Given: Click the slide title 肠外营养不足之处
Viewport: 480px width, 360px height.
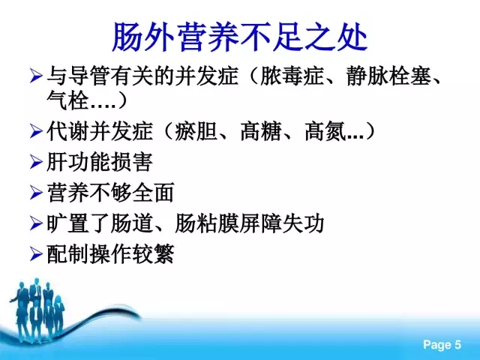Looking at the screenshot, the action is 240,37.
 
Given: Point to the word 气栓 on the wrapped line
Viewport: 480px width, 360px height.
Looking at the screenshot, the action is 67,100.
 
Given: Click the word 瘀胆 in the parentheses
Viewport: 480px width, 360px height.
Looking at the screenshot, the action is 196,131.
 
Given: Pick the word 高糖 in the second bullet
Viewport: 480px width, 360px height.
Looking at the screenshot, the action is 261,131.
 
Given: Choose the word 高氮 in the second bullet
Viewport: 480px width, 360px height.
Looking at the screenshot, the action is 325,131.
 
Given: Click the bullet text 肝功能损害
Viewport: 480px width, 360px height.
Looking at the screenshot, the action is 100,162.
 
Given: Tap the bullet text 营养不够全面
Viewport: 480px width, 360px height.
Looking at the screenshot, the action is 110,192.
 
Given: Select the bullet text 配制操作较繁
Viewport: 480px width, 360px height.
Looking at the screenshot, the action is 110,253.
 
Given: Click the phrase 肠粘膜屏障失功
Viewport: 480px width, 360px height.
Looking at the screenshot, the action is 250,223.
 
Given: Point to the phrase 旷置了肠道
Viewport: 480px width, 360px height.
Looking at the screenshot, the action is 100,223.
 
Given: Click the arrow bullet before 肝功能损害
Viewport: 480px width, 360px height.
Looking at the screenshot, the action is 36,162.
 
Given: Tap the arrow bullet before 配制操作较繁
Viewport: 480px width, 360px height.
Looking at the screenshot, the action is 36,254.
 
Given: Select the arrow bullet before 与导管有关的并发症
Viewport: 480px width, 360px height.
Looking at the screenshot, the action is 36,76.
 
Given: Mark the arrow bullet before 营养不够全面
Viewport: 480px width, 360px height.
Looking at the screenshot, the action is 36,193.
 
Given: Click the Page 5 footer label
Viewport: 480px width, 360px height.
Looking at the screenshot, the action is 442,345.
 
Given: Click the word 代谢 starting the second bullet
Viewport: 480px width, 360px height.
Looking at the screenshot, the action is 67,131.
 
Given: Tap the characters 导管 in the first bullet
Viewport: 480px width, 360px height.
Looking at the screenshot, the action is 88,76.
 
